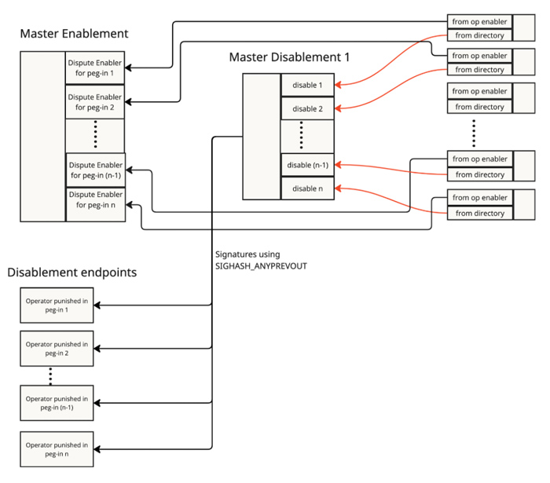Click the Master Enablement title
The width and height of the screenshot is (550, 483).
coord(74,34)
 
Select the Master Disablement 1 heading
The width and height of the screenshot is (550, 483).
coord(289,57)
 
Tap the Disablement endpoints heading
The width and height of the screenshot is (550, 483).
coord(72,273)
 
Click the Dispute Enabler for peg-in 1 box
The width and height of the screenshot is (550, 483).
coord(95,68)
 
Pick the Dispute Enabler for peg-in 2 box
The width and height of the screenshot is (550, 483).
coord(95,101)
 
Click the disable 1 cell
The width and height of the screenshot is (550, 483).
coord(307,85)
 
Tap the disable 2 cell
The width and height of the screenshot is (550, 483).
coord(307,108)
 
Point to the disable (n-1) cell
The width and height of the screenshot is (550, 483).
coord(307,165)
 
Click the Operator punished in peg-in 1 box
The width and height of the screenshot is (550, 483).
coord(57,306)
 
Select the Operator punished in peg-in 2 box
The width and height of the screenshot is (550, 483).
coord(57,349)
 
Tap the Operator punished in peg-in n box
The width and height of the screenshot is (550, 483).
coord(57,449)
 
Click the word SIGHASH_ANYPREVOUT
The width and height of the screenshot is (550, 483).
coord(260,266)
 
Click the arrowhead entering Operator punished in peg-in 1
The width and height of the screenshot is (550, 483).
coord(100,306)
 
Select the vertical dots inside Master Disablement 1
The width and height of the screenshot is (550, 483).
coord(301,136)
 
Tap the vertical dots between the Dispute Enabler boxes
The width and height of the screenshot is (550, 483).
coord(95,135)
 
